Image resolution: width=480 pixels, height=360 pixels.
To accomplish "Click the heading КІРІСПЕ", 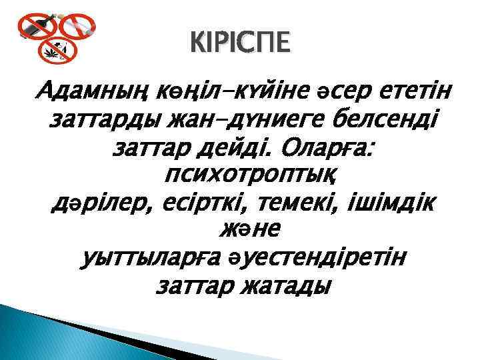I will pos(240,44).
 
